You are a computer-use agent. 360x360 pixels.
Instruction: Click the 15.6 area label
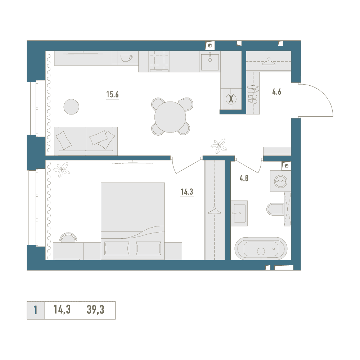pyautogui.click(x=112, y=94)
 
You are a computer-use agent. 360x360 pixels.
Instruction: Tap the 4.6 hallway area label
pyautogui.click(x=276, y=92)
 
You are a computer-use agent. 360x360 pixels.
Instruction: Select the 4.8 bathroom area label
pyautogui.click(x=244, y=179)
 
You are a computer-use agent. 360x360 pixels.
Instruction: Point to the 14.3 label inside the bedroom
pyautogui.click(x=187, y=192)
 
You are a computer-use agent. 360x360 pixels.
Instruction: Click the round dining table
pyautogui.click(x=170, y=117)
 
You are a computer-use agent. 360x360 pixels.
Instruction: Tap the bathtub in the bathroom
pyautogui.click(x=261, y=249)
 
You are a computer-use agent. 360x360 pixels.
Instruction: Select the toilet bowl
pyautogui.click(x=275, y=209)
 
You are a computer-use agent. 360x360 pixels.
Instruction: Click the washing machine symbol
pyautogui.click(x=280, y=181)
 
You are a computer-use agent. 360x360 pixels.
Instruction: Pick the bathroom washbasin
pyautogui.click(x=239, y=213)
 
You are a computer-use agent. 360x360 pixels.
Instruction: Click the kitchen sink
pyautogui.click(x=210, y=62)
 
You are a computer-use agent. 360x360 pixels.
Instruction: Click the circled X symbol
pyautogui.click(x=231, y=99)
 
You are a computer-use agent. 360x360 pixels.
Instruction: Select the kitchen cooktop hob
pyautogui.click(x=159, y=61)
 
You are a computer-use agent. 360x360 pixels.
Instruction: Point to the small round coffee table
pyautogui.click(x=71, y=107)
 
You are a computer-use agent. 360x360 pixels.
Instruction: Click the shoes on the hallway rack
pyautogui.click(x=253, y=94)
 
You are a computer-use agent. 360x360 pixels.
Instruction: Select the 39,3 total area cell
pyautogui.click(x=95, y=310)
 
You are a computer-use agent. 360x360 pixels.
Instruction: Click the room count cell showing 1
pyautogui.click(x=36, y=310)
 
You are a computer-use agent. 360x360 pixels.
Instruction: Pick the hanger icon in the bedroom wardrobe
pyautogui.click(x=215, y=211)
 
